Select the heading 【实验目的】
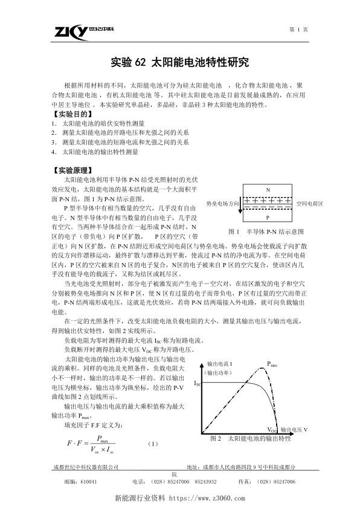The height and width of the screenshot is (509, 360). (x=72, y=113)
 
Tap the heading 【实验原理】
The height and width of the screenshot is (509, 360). (x=72, y=170)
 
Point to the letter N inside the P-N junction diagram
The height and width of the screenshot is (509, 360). (x=268, y=189)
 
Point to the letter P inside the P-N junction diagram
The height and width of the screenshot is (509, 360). (x=268, y=216)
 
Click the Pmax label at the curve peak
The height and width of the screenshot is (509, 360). (x=272, y=365)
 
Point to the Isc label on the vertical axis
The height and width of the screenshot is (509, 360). (x=198, y=383)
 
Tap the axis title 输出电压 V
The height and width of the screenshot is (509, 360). (x=295, y=430)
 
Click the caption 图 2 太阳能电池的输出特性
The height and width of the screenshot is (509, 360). (x=250, y=437)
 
